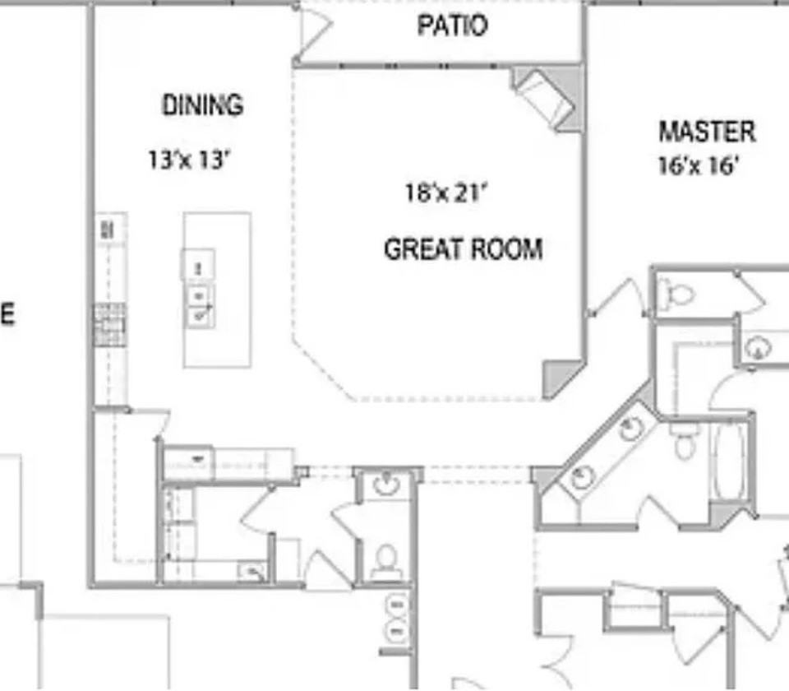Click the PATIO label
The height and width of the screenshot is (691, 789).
pyautogui.click(x=452, y=26)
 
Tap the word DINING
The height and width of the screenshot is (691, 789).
pyautogui.click(x=202, y=105)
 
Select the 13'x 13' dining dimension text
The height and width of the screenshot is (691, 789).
pyautogui.click(x=187, y=159)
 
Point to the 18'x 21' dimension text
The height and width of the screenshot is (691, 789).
pyautogui.click(x=446, y=193)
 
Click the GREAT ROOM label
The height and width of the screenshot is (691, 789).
pyautogui.click(x=463, y=249)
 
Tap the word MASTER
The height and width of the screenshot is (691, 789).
pyautogui.click(x=706, y=132)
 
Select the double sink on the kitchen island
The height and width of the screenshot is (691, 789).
pyautogui.click(x=200, y=304)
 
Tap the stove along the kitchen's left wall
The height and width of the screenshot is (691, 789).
pyautogui.click(x=109, y=326)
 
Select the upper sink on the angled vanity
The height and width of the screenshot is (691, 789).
pyautogui.click(x=630, y=429)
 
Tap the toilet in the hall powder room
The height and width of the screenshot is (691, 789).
pyautogui.click(x=384, y=561)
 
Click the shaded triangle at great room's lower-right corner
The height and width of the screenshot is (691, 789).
pyautogui.click(x=560, y=378)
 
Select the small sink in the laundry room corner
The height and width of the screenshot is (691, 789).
pyautogui.click(x=251, y=571)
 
